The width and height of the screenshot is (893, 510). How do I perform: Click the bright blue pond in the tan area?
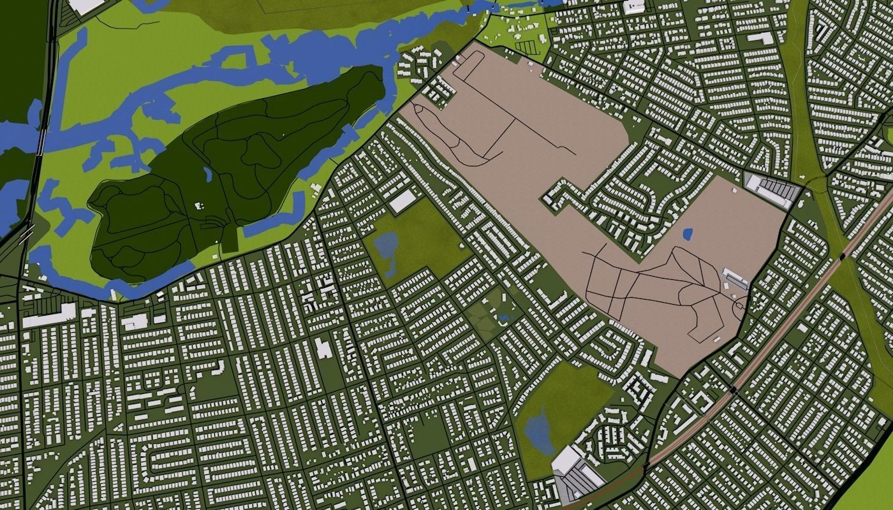[x=688, y=235]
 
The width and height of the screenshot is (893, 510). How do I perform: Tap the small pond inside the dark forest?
[x=208, y=174]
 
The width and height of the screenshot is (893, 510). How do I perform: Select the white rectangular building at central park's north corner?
[x=402, y=201]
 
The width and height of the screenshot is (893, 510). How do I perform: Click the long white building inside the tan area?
[x=735, y=278]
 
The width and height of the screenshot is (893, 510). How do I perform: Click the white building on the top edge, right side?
[x=634, y=7]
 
